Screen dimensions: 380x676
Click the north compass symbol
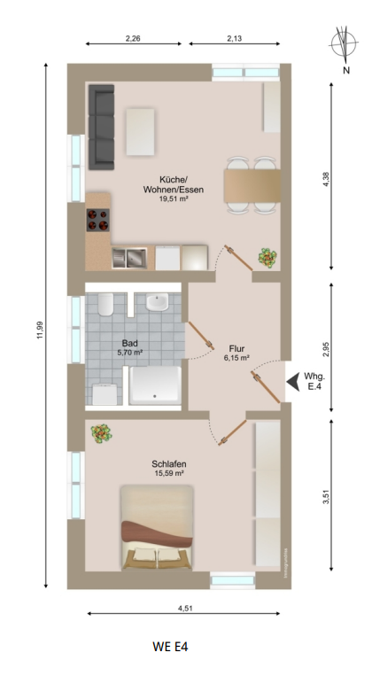[x=344, y=43]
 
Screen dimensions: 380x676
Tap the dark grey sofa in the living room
[x=102, y=127]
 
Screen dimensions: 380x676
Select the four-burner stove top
[x=97, y=220]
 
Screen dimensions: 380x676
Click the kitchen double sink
[x=129, y=258]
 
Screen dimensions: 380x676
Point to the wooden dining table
[x=252, y=186]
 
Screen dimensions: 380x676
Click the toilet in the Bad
[x=105, y=304]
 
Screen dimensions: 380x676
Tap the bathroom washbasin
[x=158, y=302]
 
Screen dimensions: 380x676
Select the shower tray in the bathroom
[x=155, y=385]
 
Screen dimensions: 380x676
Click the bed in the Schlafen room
[x=157, y=527]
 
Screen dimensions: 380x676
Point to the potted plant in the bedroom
[x=101, y=433]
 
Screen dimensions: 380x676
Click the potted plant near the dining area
[x=268, y=258]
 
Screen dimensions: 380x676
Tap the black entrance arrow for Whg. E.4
[x=293, y=382]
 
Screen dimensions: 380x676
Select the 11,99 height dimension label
[x=40, y=330]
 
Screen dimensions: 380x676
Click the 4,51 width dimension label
[x=185, y=609]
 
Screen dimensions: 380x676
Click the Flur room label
[x=237, y=348]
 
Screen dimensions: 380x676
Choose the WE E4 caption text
[x=170, y=647]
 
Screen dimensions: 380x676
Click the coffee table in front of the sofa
[x=141, y=132]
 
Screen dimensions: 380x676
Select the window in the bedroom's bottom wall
[x=233, y=580]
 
